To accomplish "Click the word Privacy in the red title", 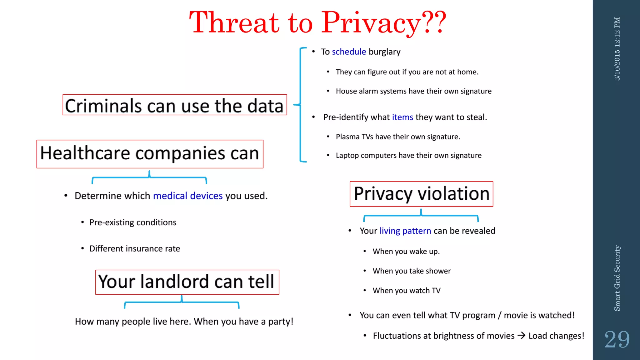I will point(371,22).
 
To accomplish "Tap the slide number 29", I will point(617,339).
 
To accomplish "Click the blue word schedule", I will point(349,52).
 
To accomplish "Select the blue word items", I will point(402,117).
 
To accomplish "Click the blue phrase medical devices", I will point(188,196).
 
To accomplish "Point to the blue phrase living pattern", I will point(405,231).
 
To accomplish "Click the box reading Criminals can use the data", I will point(174,105).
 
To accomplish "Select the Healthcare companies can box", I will point(150,154).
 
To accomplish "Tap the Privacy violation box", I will point(421,194).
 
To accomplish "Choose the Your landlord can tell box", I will point(187,282).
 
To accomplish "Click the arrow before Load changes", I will point(521,336).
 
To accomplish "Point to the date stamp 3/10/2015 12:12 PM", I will point(617,49).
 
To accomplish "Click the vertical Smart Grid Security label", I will point(617,278).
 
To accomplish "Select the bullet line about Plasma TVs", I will point(397,137).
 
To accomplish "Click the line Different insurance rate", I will point(134,249).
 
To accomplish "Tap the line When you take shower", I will point(412,271).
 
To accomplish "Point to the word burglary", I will point(384,52).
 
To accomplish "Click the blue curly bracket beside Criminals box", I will point(300,105).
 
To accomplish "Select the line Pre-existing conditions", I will point(132,222).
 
